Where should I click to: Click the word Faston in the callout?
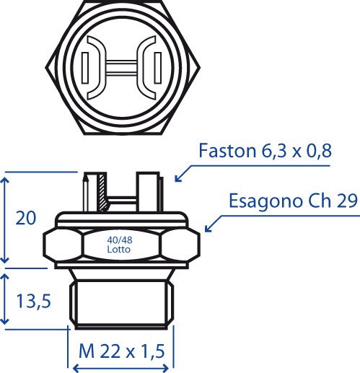tap(227, 151)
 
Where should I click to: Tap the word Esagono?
tap(265, 201)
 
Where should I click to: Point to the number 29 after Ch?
tap(347, 201)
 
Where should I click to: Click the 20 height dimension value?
tap(26, 218)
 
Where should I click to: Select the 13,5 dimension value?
tap(34, 302)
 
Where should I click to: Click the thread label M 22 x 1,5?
tap(122, 351)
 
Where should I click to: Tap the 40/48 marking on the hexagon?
tap(120, 240)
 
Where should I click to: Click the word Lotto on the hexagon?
tap(119, 249)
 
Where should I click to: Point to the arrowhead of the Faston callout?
tap(177, 179)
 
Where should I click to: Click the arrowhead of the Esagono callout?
tap(208, 229)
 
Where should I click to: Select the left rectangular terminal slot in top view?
tap(85, 68)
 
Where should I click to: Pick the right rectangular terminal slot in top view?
tap(158, 68)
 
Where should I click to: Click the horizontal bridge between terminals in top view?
tap(121, 67)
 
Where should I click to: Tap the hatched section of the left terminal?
tap(102, 193)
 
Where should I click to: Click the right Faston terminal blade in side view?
tap(148, 192)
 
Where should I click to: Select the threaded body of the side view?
tap(122, 304)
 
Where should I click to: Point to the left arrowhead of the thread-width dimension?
tap(76, 368)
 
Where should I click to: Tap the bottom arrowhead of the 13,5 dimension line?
tap(5, 320)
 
